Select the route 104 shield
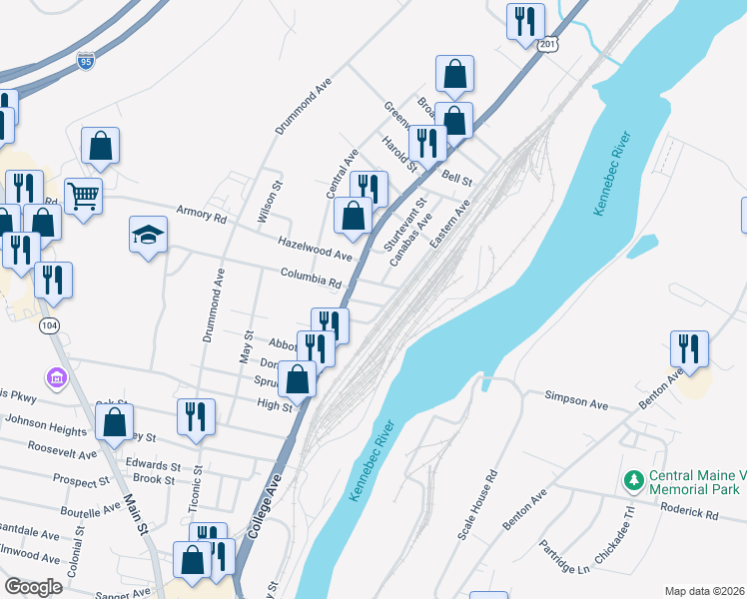tap(49, 325)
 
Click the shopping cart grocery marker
tap(84, 194)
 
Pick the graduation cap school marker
tap(148, 235)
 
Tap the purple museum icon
tap(56, 378)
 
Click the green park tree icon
tap(632, 481)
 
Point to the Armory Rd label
tap(202, 213)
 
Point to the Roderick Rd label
tap(690, 515)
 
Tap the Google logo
tap(33, 586)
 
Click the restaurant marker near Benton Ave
tap(689, 348)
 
